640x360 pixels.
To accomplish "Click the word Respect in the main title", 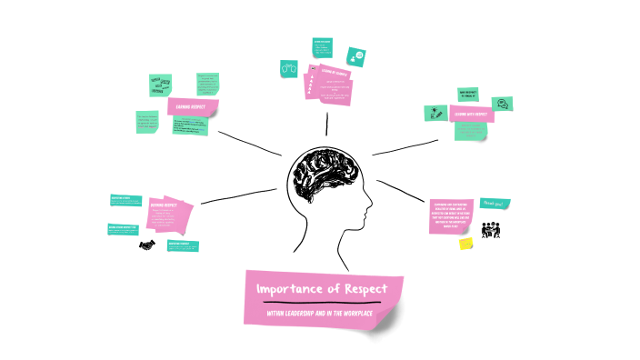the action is tap(360, 289).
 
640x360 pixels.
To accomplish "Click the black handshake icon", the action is tap(146, 245).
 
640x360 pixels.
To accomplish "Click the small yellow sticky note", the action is tap(465, 244).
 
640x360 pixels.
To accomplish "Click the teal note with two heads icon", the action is tap(290, 67).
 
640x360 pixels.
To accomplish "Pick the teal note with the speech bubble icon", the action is tap(500, 103).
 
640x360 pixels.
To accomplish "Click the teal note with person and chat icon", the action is tap(357, 55).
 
